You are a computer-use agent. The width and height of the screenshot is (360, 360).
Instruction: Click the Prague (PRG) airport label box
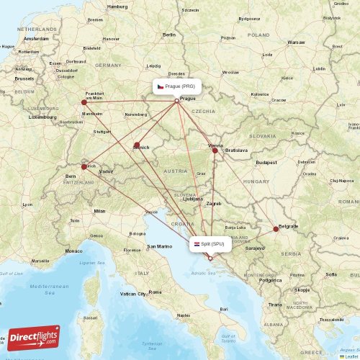(x=176, y=86)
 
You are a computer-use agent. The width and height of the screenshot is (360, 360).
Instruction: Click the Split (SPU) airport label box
(x=211, y=244)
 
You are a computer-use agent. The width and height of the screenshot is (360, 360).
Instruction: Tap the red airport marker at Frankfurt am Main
(x=84, y=102)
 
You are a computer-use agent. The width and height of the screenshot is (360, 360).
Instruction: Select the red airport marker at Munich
(x=137, y=145)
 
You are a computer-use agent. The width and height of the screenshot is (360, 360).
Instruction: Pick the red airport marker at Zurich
(x=84, y=166)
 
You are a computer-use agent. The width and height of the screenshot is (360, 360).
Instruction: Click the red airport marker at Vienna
(x=215, y=150)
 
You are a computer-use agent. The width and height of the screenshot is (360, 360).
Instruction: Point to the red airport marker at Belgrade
(x=276, y=229)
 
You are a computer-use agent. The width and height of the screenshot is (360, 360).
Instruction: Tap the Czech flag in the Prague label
(x=161, y=86)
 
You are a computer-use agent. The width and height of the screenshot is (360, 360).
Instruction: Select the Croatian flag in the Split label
(x=197, y=244)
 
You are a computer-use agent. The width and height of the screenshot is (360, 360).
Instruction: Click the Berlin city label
(x=169, y=35)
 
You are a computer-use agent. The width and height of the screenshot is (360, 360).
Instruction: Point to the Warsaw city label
(x=296, y=42)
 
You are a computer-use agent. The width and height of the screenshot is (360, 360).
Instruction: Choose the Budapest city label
(x=266, y=163)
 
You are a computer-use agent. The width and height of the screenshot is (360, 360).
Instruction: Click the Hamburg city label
(x=117, y=6)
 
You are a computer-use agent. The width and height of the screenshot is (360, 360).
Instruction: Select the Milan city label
(x=99, y=211)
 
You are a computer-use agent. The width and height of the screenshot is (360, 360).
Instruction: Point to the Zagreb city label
(x=213, y=204)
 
